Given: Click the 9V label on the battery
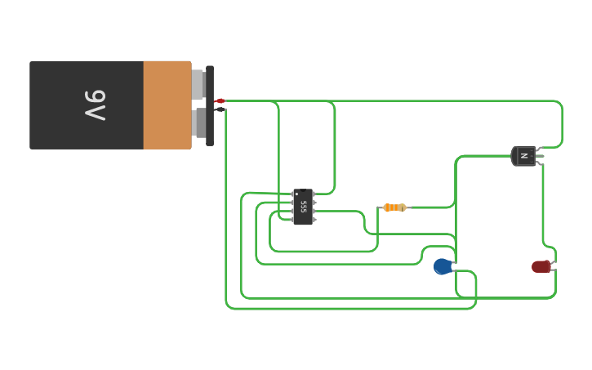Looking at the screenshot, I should point(96,105).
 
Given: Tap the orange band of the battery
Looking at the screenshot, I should point(167,105).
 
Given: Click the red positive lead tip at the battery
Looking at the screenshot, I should point(220,100).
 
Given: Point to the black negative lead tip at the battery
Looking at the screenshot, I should point(220,109).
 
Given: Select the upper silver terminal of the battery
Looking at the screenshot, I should point(198,84).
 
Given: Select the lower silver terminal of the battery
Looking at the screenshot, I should point(198,123).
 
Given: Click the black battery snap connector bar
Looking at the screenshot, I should point(210,105).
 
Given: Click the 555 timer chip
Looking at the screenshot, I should point(303,207).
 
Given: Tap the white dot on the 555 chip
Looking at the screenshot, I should point(296,194).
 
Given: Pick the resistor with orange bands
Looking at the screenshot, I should point(394,207).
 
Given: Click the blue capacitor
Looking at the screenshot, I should point(442,266).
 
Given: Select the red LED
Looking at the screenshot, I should point(541,266).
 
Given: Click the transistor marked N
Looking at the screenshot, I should point(523,155).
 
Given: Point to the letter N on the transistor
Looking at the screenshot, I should point(523,155).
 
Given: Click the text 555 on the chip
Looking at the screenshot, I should point(304,207).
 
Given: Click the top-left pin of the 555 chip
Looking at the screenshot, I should point(292,194).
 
